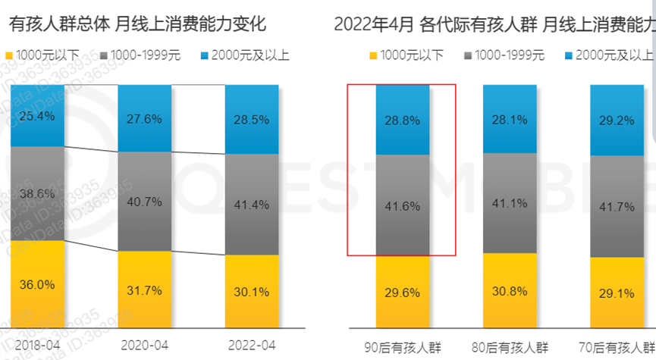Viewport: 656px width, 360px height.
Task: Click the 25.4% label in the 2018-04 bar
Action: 36,117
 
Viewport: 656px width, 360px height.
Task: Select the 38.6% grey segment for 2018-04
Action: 36,193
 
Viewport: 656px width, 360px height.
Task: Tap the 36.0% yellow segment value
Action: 36,285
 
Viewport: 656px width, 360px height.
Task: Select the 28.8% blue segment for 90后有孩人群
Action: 403,120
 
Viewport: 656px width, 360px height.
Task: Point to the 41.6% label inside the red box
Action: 403,205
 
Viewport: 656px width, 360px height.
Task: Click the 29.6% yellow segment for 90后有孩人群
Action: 403,293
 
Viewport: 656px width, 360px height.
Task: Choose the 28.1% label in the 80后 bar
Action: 510,120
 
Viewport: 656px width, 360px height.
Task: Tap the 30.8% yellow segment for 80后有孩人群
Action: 510,290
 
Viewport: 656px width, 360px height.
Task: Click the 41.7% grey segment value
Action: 617,206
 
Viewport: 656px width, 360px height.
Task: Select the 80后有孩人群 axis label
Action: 510,347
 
